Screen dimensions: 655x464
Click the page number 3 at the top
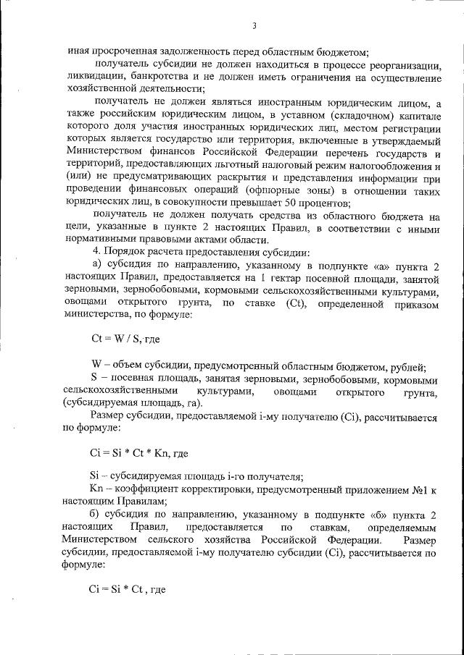(x=254, y=27)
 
